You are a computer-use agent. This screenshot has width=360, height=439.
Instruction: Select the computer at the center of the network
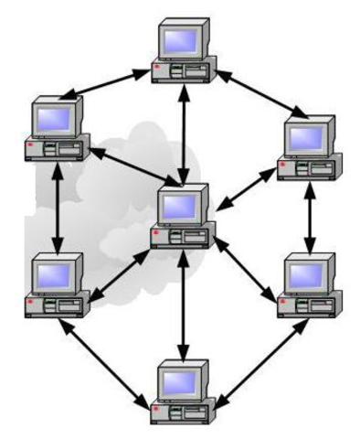tap(184, 216)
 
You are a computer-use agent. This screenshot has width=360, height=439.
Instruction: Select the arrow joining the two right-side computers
tap(311, 216)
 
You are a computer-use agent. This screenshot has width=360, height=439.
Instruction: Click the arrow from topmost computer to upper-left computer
tap(109, 80)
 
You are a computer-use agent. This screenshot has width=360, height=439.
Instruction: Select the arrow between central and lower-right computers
tap(244, 272)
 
